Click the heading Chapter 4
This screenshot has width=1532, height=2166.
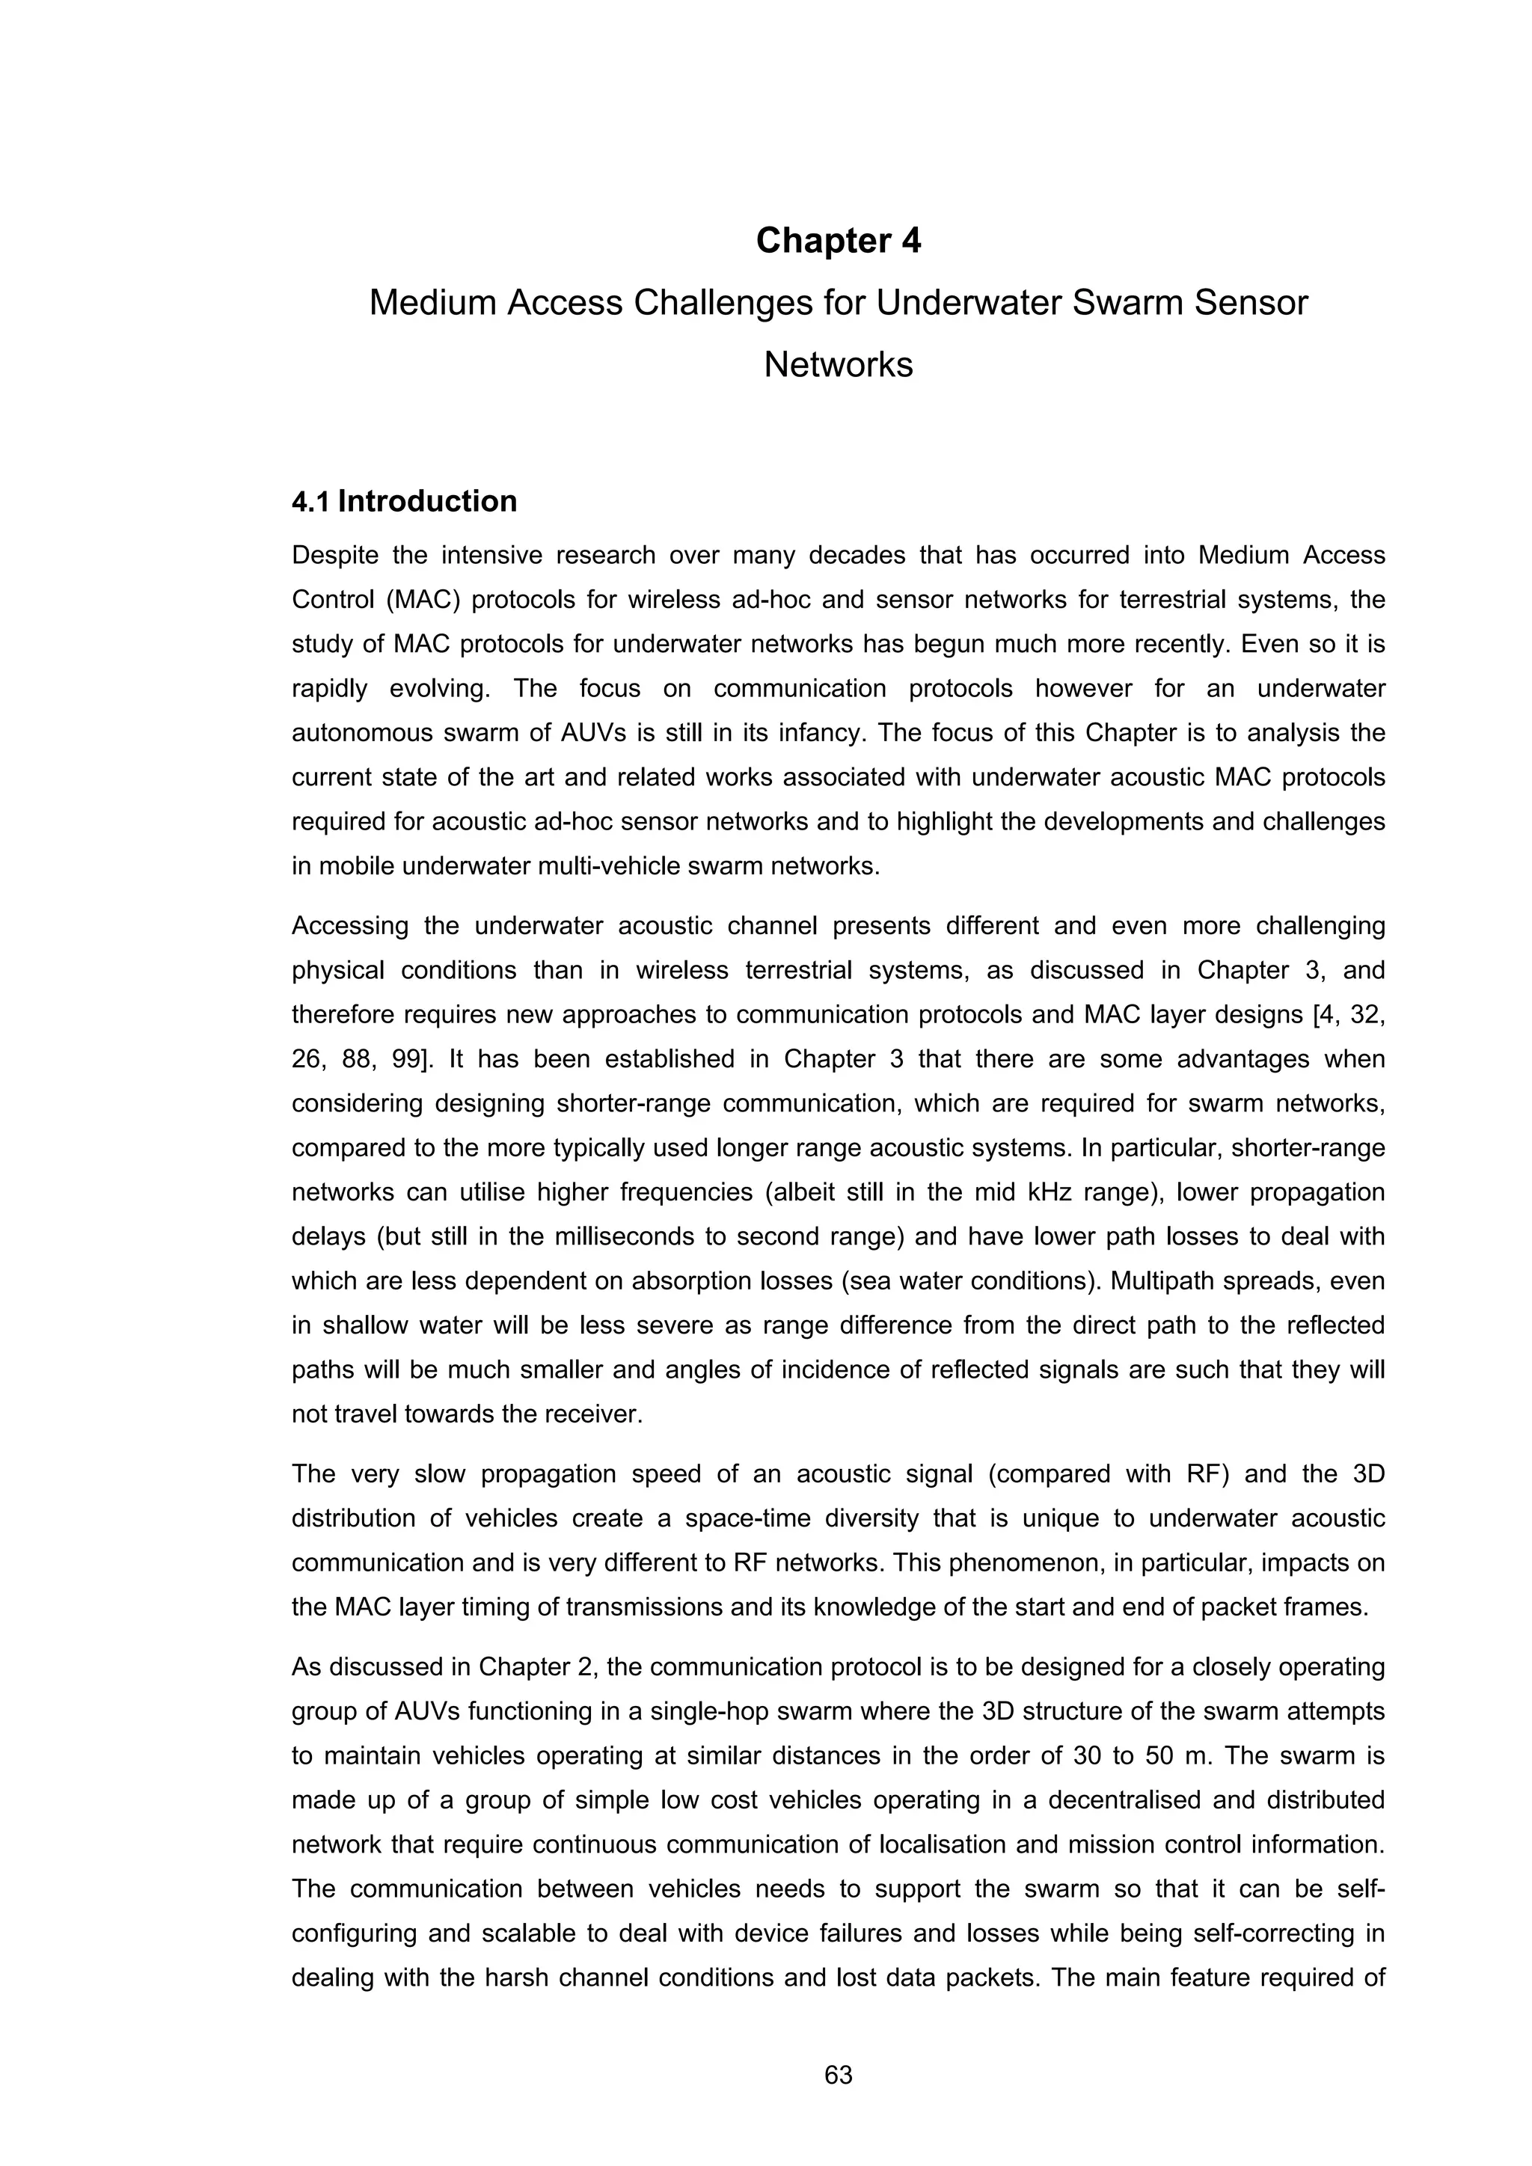pos(838,241)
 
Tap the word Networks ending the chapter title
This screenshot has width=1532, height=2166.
pos(838,365)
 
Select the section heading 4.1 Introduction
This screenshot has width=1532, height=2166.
pos(404,501)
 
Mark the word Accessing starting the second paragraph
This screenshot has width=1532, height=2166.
pos(349,927)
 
